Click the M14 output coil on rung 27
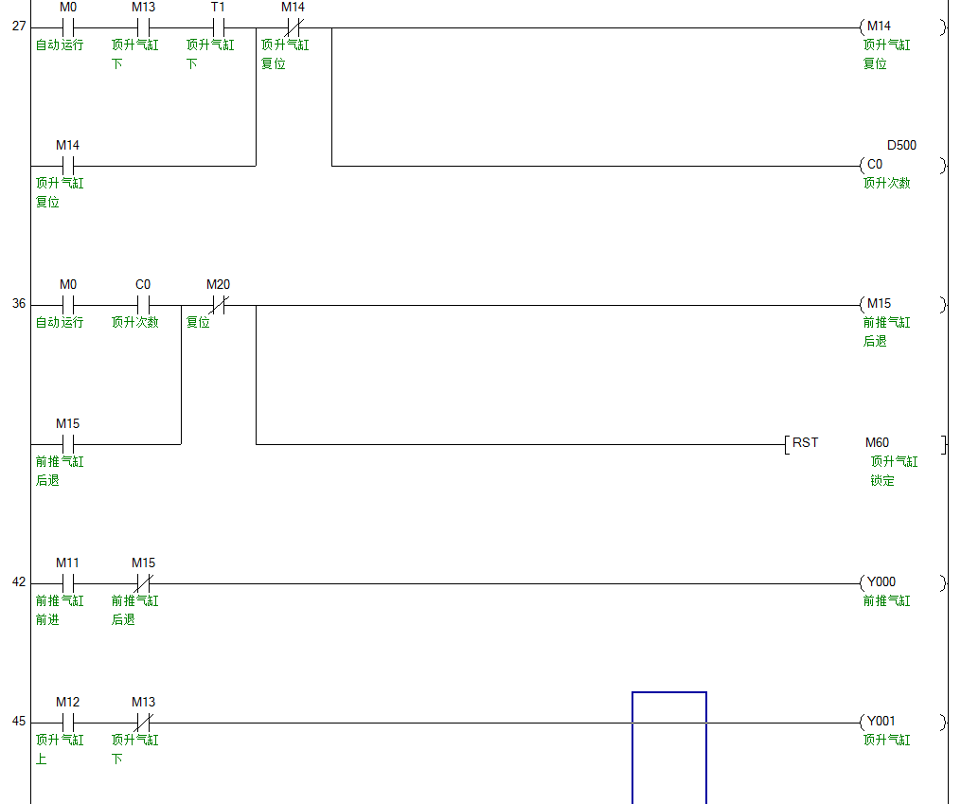point(878,27)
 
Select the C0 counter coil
point(875,165)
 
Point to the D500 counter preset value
point(900,146)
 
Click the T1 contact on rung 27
point(218,27)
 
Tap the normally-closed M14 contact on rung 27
point(294,27)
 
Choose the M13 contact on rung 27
point(143,27)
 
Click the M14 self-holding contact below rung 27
point(67,165)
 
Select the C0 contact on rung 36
point(143,304)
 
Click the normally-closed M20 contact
point(218,304)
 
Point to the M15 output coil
point(879,304)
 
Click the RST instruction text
point(805,443)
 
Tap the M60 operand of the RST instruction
point(878,443)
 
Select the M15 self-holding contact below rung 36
point(67,443)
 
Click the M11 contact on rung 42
point(67,582)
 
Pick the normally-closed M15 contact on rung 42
point(143,582)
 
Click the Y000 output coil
point(881,582)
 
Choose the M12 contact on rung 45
point(67,722)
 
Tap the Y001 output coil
point(881,722)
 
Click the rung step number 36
point(19,305)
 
